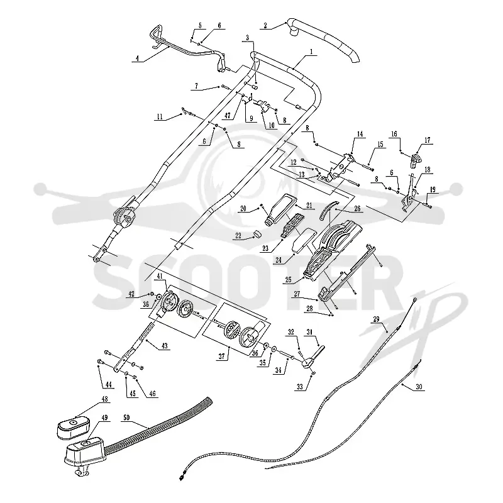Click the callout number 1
point(311,52)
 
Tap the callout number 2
point(265,25)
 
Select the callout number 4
point(137,58)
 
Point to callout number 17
point(428,140)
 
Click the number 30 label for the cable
point(419,387)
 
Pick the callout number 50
point(126,417)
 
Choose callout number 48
point(104,399)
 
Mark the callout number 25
point(288,279)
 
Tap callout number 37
point(222,356)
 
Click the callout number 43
point(164,346)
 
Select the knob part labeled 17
point(416,159)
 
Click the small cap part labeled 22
point(257,235)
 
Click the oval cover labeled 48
point(73,426)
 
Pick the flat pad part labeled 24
point(303,240)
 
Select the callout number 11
point(160,117)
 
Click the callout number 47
point(228,116)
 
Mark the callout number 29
point(376,319)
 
